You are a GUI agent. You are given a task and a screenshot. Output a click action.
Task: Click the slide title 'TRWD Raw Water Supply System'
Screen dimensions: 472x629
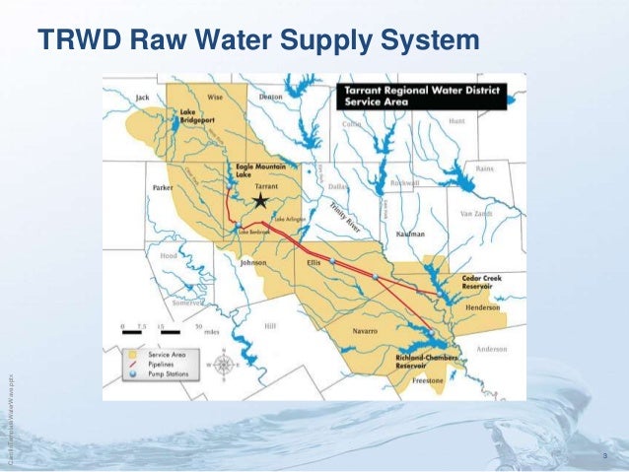pos(258,41)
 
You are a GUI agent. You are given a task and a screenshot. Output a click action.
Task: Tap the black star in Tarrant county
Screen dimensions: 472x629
pos(260,201)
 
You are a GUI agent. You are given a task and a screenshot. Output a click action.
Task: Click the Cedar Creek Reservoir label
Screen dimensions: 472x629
pos(482,283)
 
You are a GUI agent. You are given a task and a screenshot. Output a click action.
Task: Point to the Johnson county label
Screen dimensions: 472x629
pos(254,263)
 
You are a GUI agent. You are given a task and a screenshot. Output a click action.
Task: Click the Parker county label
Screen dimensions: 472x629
pos(163,186)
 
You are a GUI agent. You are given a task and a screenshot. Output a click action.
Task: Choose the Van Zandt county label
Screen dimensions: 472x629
pos(474,213)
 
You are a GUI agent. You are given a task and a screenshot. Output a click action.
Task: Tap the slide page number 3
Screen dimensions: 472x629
pos(603,455)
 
